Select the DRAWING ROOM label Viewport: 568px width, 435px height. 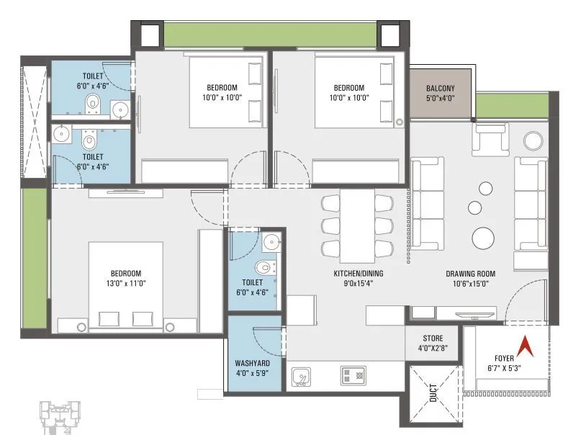pyautogui.click(x=471, y=274)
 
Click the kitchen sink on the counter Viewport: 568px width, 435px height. pyautogui.click(x=301, y=376)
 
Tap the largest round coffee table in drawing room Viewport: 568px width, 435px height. pyautogui.click(x=482, y=236)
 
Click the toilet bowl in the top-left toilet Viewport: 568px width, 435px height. pyautogui.click(x=91, y=103)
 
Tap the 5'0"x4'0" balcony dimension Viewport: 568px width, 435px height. pyautogui.click(x=440, y=99)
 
